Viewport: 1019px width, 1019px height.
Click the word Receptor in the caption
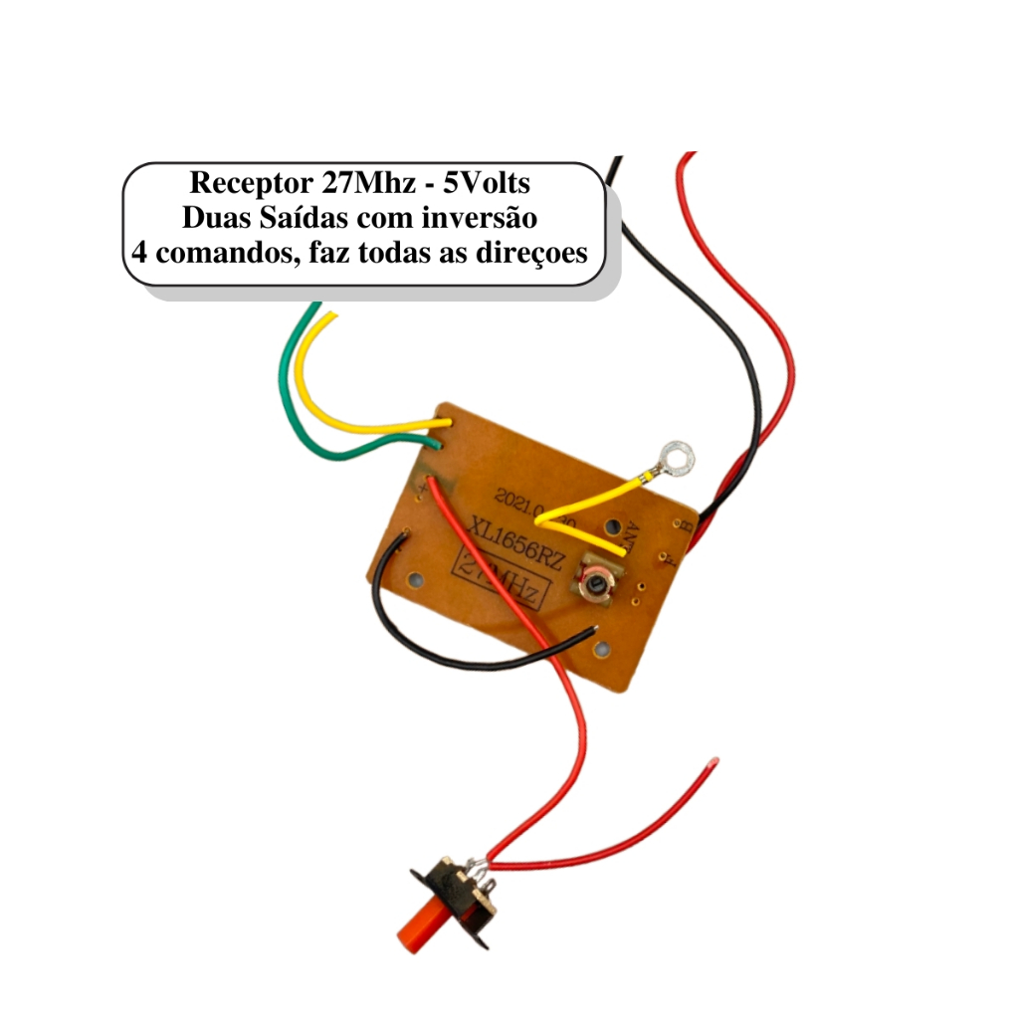250,184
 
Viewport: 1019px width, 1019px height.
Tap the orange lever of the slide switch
423,924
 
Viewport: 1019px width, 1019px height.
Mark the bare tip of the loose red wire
711,763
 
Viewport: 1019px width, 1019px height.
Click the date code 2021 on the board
516,504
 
